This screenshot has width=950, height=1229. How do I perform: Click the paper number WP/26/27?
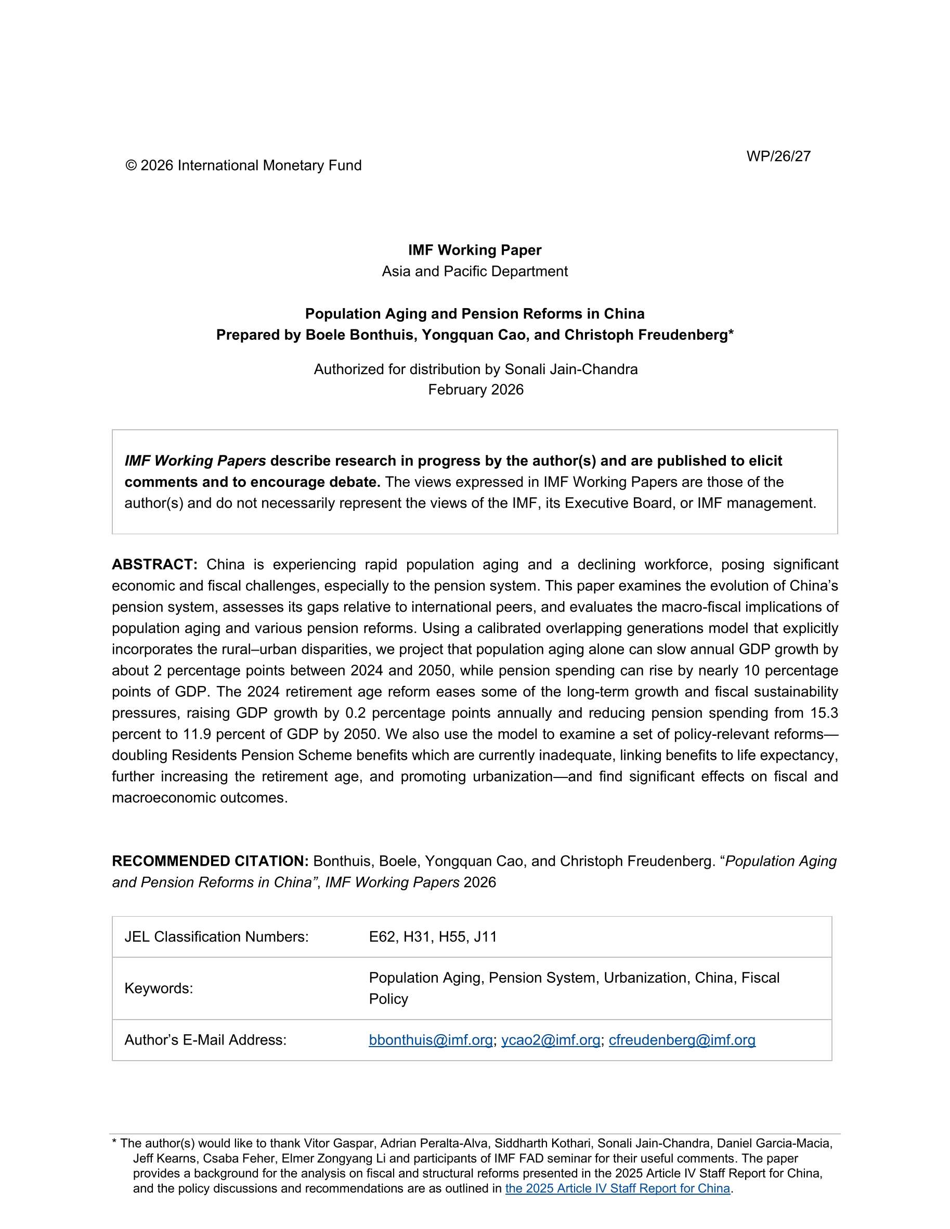pos(778,156)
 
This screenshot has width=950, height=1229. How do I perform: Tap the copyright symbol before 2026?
pos(131,165)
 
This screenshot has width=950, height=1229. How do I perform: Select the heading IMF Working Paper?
pos(475,250)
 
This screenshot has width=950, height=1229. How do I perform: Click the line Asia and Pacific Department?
pos(475,271)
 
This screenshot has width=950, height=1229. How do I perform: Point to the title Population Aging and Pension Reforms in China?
pos(475,313)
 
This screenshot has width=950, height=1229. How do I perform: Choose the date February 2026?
pos(475,389)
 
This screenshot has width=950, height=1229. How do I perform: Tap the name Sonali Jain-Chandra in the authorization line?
pos(571,369)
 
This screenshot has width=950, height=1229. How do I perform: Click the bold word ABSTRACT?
pos(155,564)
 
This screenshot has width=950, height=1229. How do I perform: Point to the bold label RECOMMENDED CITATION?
pos(210,861)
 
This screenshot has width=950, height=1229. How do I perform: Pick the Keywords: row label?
pos(159,988)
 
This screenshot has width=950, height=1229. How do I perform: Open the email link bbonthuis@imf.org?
pos(431,1040)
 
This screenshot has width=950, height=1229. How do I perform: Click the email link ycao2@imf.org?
pos(550,1040)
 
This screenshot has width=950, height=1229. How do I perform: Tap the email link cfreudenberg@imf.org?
pos(682,1040)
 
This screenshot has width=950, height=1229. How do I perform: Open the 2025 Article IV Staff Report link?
pos(617,1188)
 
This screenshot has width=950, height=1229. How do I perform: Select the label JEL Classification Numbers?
pos(216,936)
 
